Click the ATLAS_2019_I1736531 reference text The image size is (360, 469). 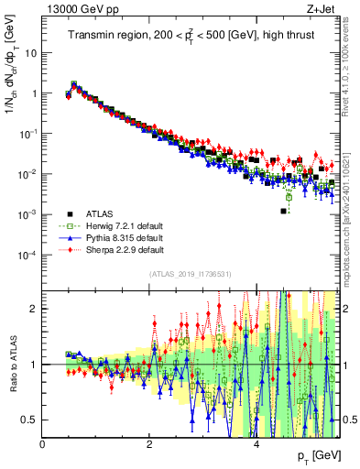point(190,274)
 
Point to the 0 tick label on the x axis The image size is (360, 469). point(42,444)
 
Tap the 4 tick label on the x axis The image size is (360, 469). point(256,444)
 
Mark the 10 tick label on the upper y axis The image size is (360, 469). point(30,52)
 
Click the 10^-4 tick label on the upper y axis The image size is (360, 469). point(27,254)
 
